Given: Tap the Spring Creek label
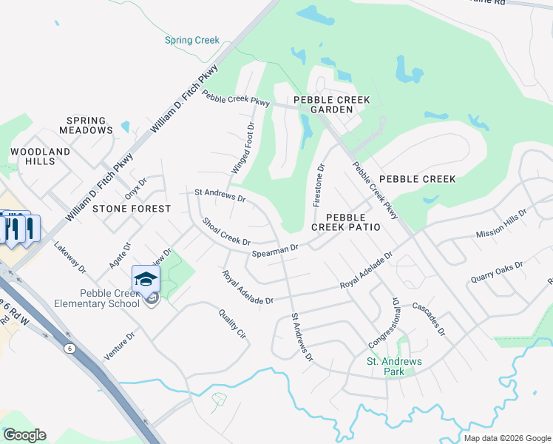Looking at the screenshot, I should point(192,40).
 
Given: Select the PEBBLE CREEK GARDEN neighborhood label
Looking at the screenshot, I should point(331,104).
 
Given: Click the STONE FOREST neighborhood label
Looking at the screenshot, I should point(132,209).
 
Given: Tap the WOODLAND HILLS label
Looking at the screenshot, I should point(40,156).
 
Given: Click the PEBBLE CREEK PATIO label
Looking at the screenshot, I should point(346,222).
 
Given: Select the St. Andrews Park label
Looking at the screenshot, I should point(395,366).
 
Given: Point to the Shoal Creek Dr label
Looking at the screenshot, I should point(226,232).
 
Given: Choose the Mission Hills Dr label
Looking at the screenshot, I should point(501,223).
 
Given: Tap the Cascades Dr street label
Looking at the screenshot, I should point(429,319).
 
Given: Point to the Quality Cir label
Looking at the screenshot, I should point(231,323).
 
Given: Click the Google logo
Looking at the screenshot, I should point(24,434).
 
